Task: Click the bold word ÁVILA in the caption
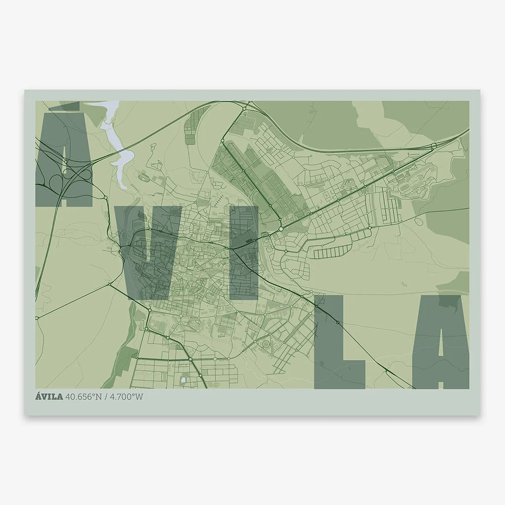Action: point(49,397)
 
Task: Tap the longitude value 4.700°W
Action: point(126,397)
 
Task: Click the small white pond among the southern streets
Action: point(184,380)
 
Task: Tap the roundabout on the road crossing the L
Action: point(338,323)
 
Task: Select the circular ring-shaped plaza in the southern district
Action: point(266,344)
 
